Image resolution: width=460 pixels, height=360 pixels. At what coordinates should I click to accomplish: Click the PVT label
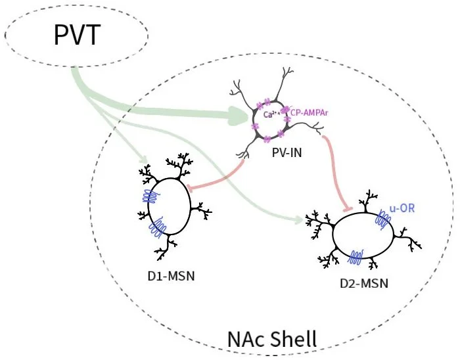pos(76,34)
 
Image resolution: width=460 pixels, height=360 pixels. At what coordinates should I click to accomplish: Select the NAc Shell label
pos(272,339)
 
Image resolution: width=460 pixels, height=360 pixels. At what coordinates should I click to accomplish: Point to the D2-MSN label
pos(364,283)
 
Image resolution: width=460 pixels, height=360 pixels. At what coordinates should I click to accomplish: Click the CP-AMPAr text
pos(309,113)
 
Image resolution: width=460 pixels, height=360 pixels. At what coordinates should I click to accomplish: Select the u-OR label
pos(402,209)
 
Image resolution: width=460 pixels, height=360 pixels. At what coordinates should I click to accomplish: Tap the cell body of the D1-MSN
pos(169,210)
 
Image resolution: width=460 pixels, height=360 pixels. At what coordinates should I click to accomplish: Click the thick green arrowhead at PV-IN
pos(243,118)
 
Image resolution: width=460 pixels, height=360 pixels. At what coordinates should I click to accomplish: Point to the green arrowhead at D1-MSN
pos(146,161)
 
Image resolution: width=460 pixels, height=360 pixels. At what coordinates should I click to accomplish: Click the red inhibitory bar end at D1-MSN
pos(189,191)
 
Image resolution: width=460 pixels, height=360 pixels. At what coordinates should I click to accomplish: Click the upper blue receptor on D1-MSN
pos(151,196)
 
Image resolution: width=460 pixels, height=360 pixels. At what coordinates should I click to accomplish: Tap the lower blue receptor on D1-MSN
pos(158,227)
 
